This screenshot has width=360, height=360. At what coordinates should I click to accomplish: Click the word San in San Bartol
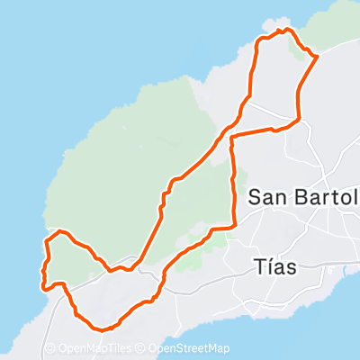coord(268,197)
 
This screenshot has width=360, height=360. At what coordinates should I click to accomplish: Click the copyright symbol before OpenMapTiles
coord(50,348)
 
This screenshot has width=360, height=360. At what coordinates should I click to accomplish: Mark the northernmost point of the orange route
coord(287,30)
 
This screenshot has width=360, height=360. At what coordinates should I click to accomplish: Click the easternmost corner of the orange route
coord(318,57)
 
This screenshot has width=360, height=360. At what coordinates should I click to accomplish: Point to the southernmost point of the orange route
coord(102,328)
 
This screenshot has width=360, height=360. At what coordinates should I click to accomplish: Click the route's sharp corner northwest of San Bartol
coord(233,138)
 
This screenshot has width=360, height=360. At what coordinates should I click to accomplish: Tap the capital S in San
coord(255,197)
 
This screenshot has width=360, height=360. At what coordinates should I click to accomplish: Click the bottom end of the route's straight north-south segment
coord(235,226)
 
